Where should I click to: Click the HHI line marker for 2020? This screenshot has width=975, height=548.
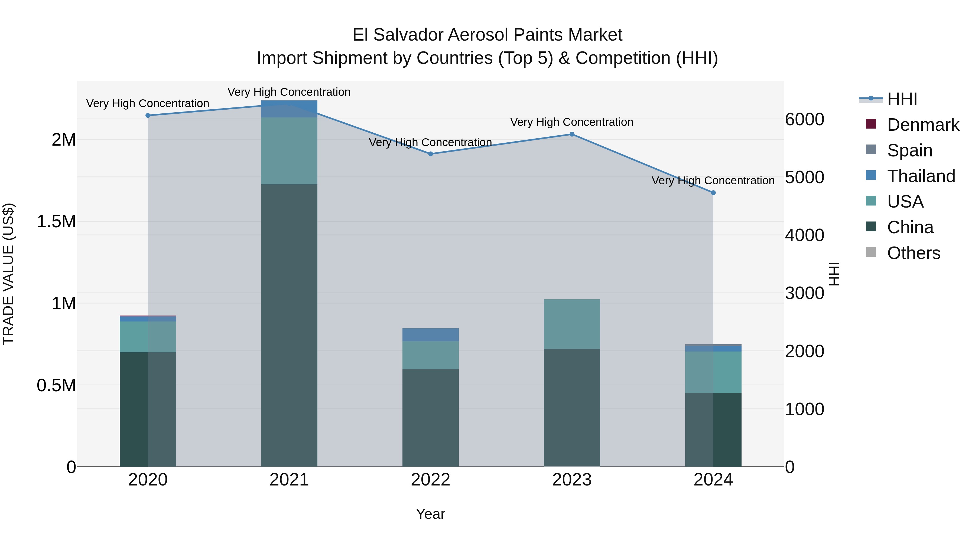point(148,115)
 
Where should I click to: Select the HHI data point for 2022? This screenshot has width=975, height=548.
point(430,154)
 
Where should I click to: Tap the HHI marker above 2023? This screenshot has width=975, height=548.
point(572,134)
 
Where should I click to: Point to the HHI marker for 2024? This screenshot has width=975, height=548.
point(713,192)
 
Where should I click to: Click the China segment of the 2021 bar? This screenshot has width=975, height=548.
point(289,325)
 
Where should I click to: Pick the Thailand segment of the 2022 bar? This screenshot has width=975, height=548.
point(430,335)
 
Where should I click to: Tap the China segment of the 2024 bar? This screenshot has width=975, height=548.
point(713,430)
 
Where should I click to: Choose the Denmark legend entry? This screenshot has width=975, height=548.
point(923,125)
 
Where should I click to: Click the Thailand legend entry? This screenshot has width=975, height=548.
point(921,176)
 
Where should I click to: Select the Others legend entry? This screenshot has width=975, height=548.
point(913,253)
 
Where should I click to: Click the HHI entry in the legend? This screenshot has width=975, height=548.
point(902,99)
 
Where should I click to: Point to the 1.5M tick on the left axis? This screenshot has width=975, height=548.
point(56,222)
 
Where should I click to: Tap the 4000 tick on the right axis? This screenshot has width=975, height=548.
point(804,235)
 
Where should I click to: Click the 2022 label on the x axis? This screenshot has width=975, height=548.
point(430,480)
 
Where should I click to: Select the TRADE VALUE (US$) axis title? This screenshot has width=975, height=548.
point(9,274)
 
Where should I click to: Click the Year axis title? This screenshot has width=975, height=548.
point(430,514)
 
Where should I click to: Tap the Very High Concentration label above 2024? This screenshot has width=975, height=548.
point(713,181)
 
